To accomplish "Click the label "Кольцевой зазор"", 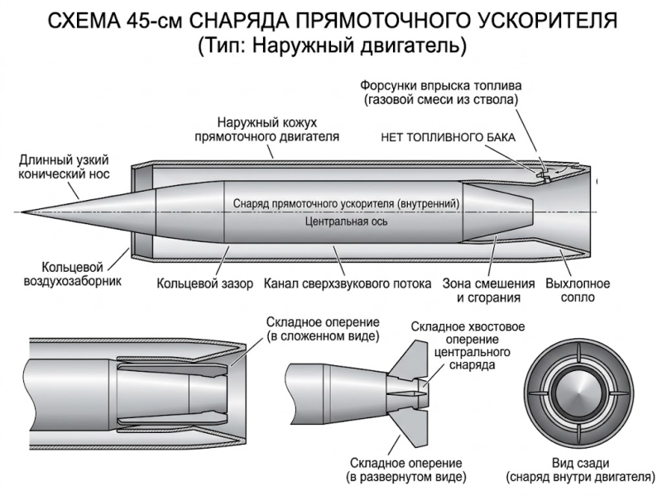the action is pyautogui.click(x=204, y=283).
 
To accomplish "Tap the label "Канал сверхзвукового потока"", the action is pyautogui.click(x=348, y=283).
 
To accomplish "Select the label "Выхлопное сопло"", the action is pyautogui.click(x=578, y=290).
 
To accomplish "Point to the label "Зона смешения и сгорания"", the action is pyautogui.click(x=488, y=291).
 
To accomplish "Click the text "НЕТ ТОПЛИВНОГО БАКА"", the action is pyautogui.click(x=448, y=137).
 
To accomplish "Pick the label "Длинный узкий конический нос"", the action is pyautogui.click(x=64, y=167).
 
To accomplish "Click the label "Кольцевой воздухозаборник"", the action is pyautogui.click(x=72, y=274).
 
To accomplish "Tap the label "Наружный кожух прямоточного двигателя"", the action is pyautogui.click(x=266, y=130).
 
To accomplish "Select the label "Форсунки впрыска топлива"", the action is pyautogui.click(x=441, y=86).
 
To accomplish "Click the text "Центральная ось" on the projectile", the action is pyautogui.click(x=346, y=221).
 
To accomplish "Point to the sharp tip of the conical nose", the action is pyautogui.click(x=21, y=212).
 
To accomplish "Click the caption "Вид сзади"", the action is pyautogui.click(x=581, y=464).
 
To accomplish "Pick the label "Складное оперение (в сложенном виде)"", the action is pyautogui.click(x=323, y=329).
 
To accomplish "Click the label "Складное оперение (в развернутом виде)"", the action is pyautogui.click(x=406, y=470).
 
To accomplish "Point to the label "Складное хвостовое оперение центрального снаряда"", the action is pyautogui.click(x=468, y=345).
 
